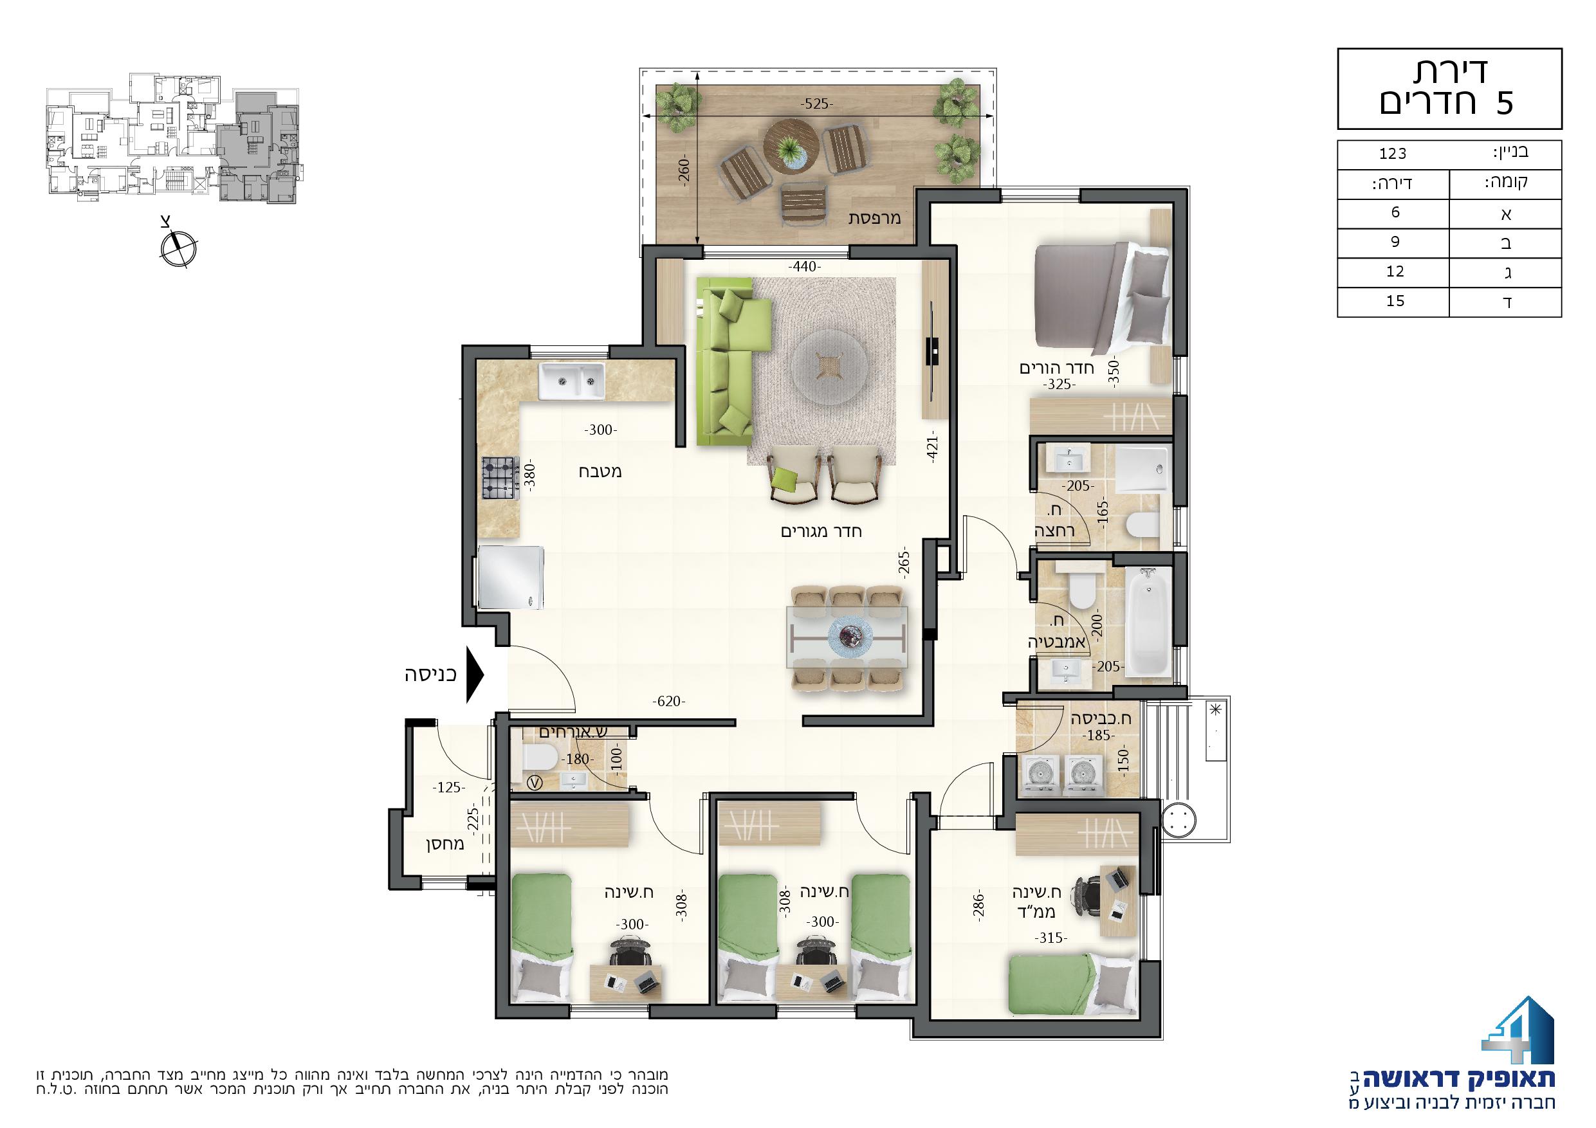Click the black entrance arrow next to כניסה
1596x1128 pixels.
tap(475, 675)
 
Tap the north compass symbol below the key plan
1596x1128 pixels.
tap(178, 248)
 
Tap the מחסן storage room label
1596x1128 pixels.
tap(446, 845)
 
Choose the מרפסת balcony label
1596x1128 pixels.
tap(874, 218)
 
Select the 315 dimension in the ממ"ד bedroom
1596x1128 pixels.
tap(1050, 938)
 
